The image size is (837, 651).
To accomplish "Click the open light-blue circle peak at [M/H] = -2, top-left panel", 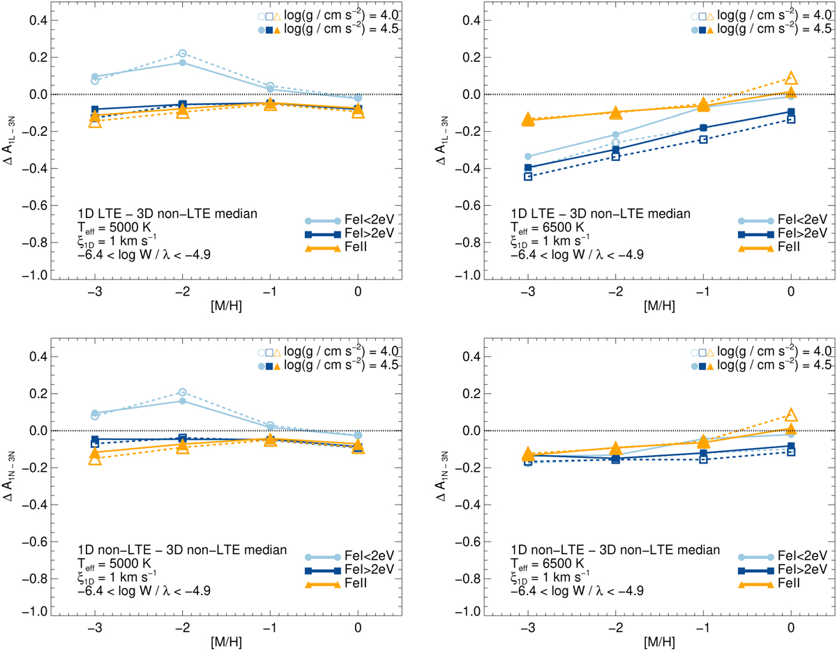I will (x=183, y=54).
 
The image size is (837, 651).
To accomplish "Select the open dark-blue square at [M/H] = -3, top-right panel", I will (x=528, y=176).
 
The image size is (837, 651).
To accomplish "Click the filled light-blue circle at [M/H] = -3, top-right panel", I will (x=528, y=156).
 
